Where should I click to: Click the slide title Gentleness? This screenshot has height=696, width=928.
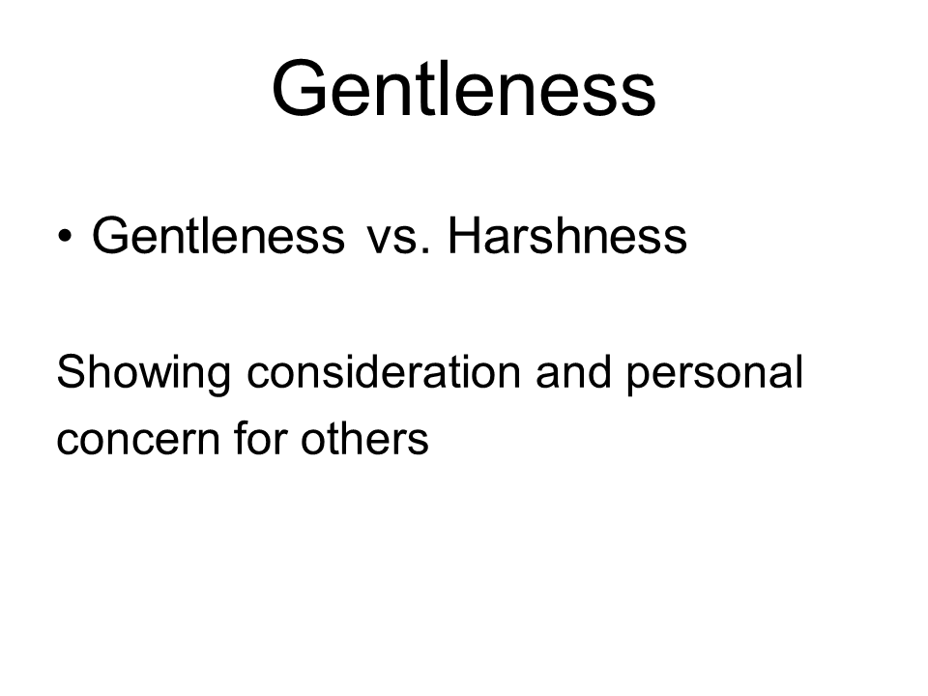coord(464,88)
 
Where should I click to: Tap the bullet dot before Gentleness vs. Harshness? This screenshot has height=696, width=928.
coord(65,236)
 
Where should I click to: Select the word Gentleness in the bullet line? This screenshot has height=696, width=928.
coord(218,236)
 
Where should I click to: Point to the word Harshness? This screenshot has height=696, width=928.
coord(567,236)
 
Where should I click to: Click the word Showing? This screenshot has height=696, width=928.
coord(144,374)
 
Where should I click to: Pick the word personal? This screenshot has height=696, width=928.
coord(715,374)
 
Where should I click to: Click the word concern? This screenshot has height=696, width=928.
coord(138,439)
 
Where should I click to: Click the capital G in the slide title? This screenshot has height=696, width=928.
coord(300,88)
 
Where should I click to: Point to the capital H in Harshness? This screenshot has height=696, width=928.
coord(463,235)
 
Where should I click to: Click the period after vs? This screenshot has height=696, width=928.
coord(424,251)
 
